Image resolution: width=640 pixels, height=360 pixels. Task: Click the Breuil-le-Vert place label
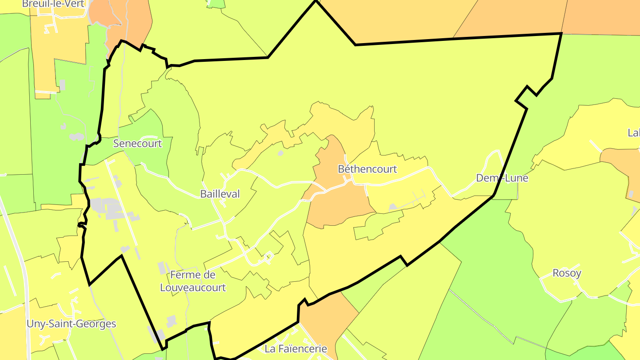coord(53,4)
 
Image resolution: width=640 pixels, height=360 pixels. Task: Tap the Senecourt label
coord(137,144)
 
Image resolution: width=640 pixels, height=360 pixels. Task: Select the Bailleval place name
coord(220,194)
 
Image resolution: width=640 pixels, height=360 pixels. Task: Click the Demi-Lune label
coord(502,178)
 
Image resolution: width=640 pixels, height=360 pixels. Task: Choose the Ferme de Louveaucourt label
coord(193,281)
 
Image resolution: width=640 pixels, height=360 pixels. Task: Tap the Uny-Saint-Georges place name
coord(71,324)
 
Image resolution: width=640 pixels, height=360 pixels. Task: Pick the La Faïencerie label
coord(296,349)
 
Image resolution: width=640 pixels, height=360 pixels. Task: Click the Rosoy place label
coord(567,273)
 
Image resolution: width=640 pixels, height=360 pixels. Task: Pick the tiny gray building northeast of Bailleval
coord(280,153)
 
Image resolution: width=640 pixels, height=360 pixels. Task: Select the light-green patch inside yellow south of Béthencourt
coord(378,224)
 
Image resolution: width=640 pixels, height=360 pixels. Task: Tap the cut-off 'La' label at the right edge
coord(634,132)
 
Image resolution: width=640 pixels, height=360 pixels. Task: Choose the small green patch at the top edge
coord(216,4)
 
